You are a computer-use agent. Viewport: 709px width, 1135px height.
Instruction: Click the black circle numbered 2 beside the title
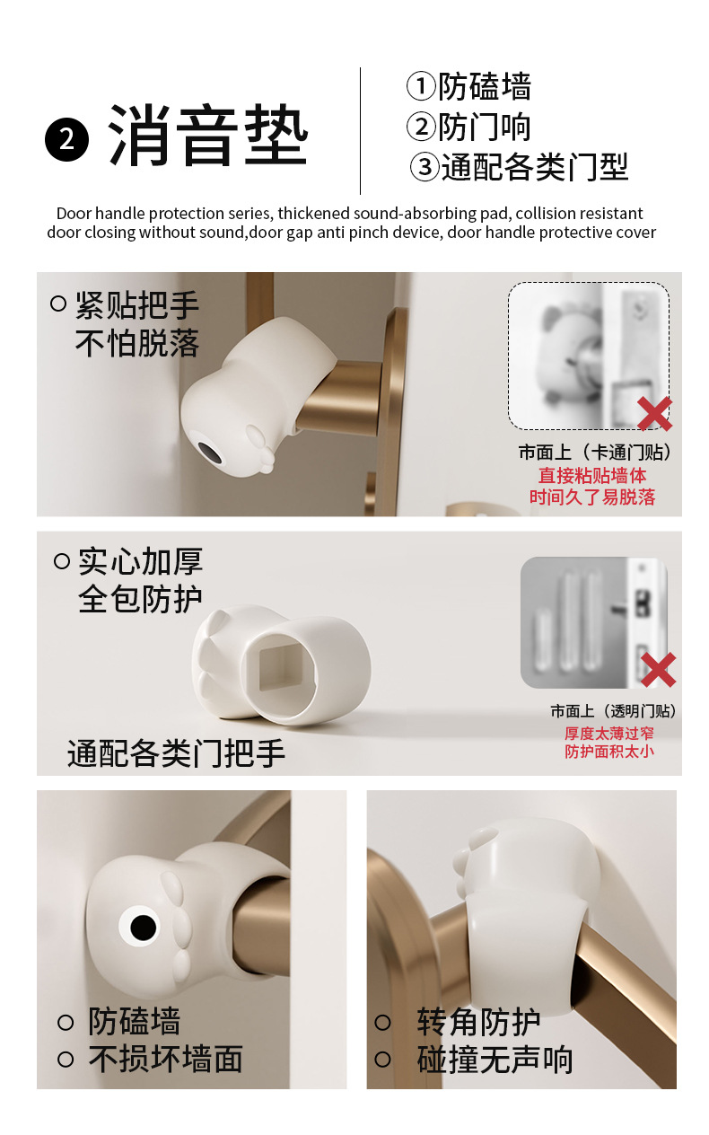pos(66,139)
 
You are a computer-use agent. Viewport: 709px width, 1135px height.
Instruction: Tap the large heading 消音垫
pos(207,136)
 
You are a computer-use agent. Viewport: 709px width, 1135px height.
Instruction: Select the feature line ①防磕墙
pos(469,86)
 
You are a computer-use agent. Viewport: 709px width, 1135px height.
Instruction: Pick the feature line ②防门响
pos(469,127)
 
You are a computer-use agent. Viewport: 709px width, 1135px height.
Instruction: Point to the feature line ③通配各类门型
pos(519,167)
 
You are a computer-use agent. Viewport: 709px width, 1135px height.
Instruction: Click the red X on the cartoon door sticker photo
pos(655,414)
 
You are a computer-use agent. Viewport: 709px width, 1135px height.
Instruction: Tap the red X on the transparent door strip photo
pos(659,670)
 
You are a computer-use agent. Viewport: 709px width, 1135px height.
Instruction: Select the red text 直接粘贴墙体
pos(592,475)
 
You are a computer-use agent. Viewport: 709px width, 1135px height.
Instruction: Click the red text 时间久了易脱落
pos(592,497)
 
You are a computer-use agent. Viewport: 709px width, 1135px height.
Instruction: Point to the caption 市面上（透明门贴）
pos(613,711)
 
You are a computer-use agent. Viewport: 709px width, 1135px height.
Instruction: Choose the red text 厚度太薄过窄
pos(609,733)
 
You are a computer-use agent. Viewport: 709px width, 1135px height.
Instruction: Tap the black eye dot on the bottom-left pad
pos(143,927)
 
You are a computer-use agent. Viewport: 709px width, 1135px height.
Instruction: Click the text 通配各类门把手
pos(176,753)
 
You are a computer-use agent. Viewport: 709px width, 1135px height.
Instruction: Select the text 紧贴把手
pos(136,305)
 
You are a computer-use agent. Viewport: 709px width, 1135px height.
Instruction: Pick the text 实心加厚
pos(140,561)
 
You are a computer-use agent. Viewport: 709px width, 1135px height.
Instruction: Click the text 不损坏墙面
pos(166,1059)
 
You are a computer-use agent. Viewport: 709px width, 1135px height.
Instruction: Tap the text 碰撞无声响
pos(495,1060)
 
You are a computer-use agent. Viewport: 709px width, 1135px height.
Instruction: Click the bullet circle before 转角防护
pos(383,1022)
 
